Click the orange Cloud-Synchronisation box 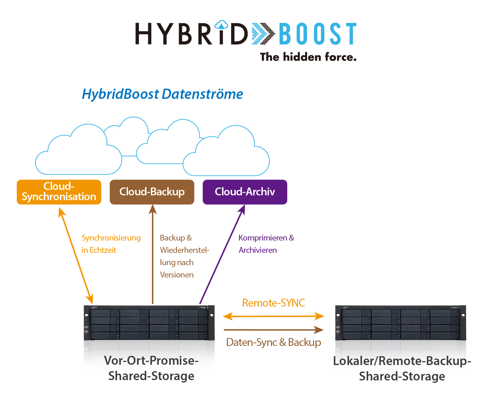pyautogui.click(x=59, y=192)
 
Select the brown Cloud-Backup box pyautogui.click(x=152, y=192)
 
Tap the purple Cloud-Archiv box pyautogui.click(x=245, y=192)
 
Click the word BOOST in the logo pyautogui.click(x=318, y=34)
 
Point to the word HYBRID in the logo pyautogui.click(x=191, y=34)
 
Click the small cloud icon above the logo pyautogui.click(x=221, y=25)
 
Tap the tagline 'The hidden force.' pyautogui.click(x=308, y=57)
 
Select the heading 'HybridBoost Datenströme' pyautogui.click(x=162, y=94)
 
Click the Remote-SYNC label pyautogui.click(x=273, y=302)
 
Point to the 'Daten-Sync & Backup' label pyautogui.click(x=273, y=342)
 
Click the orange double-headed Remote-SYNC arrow pyautogui.click(x=273, y=316)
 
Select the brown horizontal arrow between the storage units pyautogui.click(x=273, y=329)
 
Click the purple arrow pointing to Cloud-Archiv pyautogui.click(x=222, y=254)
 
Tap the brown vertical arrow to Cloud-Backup pyautogui.click(x=153, y=254)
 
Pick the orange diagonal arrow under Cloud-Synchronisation pyautogui.click(x=76, y=256)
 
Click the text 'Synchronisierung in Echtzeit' pyautogui.click(x=111, y=244)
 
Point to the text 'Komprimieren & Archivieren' pyautogui.click(x=266, y=244)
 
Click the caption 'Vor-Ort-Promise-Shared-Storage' pyautogui.click(x=151, y=368)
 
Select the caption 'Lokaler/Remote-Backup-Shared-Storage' pyautogui.click(x=402, y=368)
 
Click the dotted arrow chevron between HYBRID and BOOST pyautogui.click(x=263, y=34)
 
